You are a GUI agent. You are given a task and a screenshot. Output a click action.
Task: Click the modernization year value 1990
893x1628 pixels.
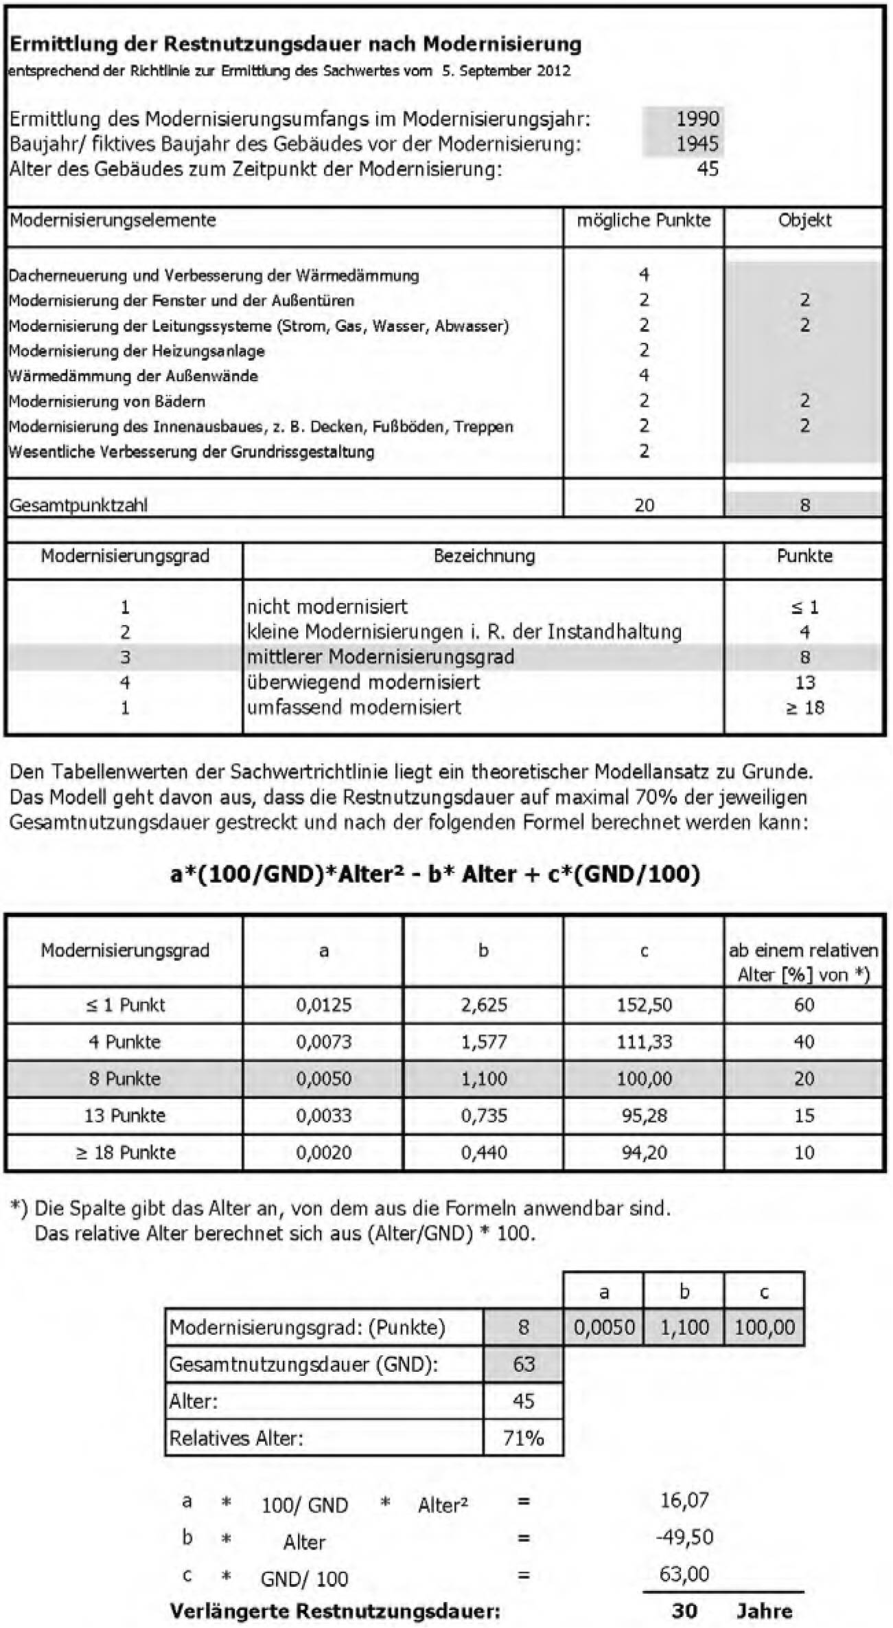coord(697,119)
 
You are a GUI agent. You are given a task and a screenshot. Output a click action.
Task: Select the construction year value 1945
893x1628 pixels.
coord(697,144)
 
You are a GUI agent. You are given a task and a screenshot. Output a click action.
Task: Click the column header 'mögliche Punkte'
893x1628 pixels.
coord(643,221)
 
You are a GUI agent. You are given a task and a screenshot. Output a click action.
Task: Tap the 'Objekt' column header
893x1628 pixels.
coord(804,221)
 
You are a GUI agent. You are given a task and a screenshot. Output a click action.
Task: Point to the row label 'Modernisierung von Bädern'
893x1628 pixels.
coord(107,401)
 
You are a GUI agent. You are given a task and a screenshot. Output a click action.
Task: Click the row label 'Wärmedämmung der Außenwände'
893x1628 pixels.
coord(133,376)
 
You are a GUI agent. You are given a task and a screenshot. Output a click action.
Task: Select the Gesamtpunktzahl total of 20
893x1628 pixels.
coord(644,506)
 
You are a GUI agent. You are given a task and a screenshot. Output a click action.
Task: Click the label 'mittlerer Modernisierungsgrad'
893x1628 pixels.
coord(380,657)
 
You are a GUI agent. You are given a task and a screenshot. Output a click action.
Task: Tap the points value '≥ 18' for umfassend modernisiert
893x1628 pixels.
coord(804,708)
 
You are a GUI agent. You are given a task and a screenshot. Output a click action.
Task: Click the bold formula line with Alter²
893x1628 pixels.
coord(435,874)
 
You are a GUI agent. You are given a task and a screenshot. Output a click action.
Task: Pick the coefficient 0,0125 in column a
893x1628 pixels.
coord(323,1005)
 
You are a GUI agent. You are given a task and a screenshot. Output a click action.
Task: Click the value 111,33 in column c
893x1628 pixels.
coord(644,1042)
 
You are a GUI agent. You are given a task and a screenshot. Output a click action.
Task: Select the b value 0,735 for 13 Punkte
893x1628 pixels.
coord(483,1116)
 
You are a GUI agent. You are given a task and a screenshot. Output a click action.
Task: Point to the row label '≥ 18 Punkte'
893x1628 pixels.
coord(125,1152)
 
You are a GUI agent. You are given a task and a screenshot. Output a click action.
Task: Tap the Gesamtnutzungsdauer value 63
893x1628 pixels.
coord(523,1364)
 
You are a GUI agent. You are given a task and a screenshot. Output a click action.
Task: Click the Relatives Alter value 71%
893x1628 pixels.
coord(523,1438)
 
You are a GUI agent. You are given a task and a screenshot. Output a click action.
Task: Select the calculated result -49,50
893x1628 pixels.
coord(684,1537)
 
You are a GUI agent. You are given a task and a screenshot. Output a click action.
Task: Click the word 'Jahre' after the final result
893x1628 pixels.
coord(764,1611)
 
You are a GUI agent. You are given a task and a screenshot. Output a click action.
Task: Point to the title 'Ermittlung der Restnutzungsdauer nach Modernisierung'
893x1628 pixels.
coord(295,45)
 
